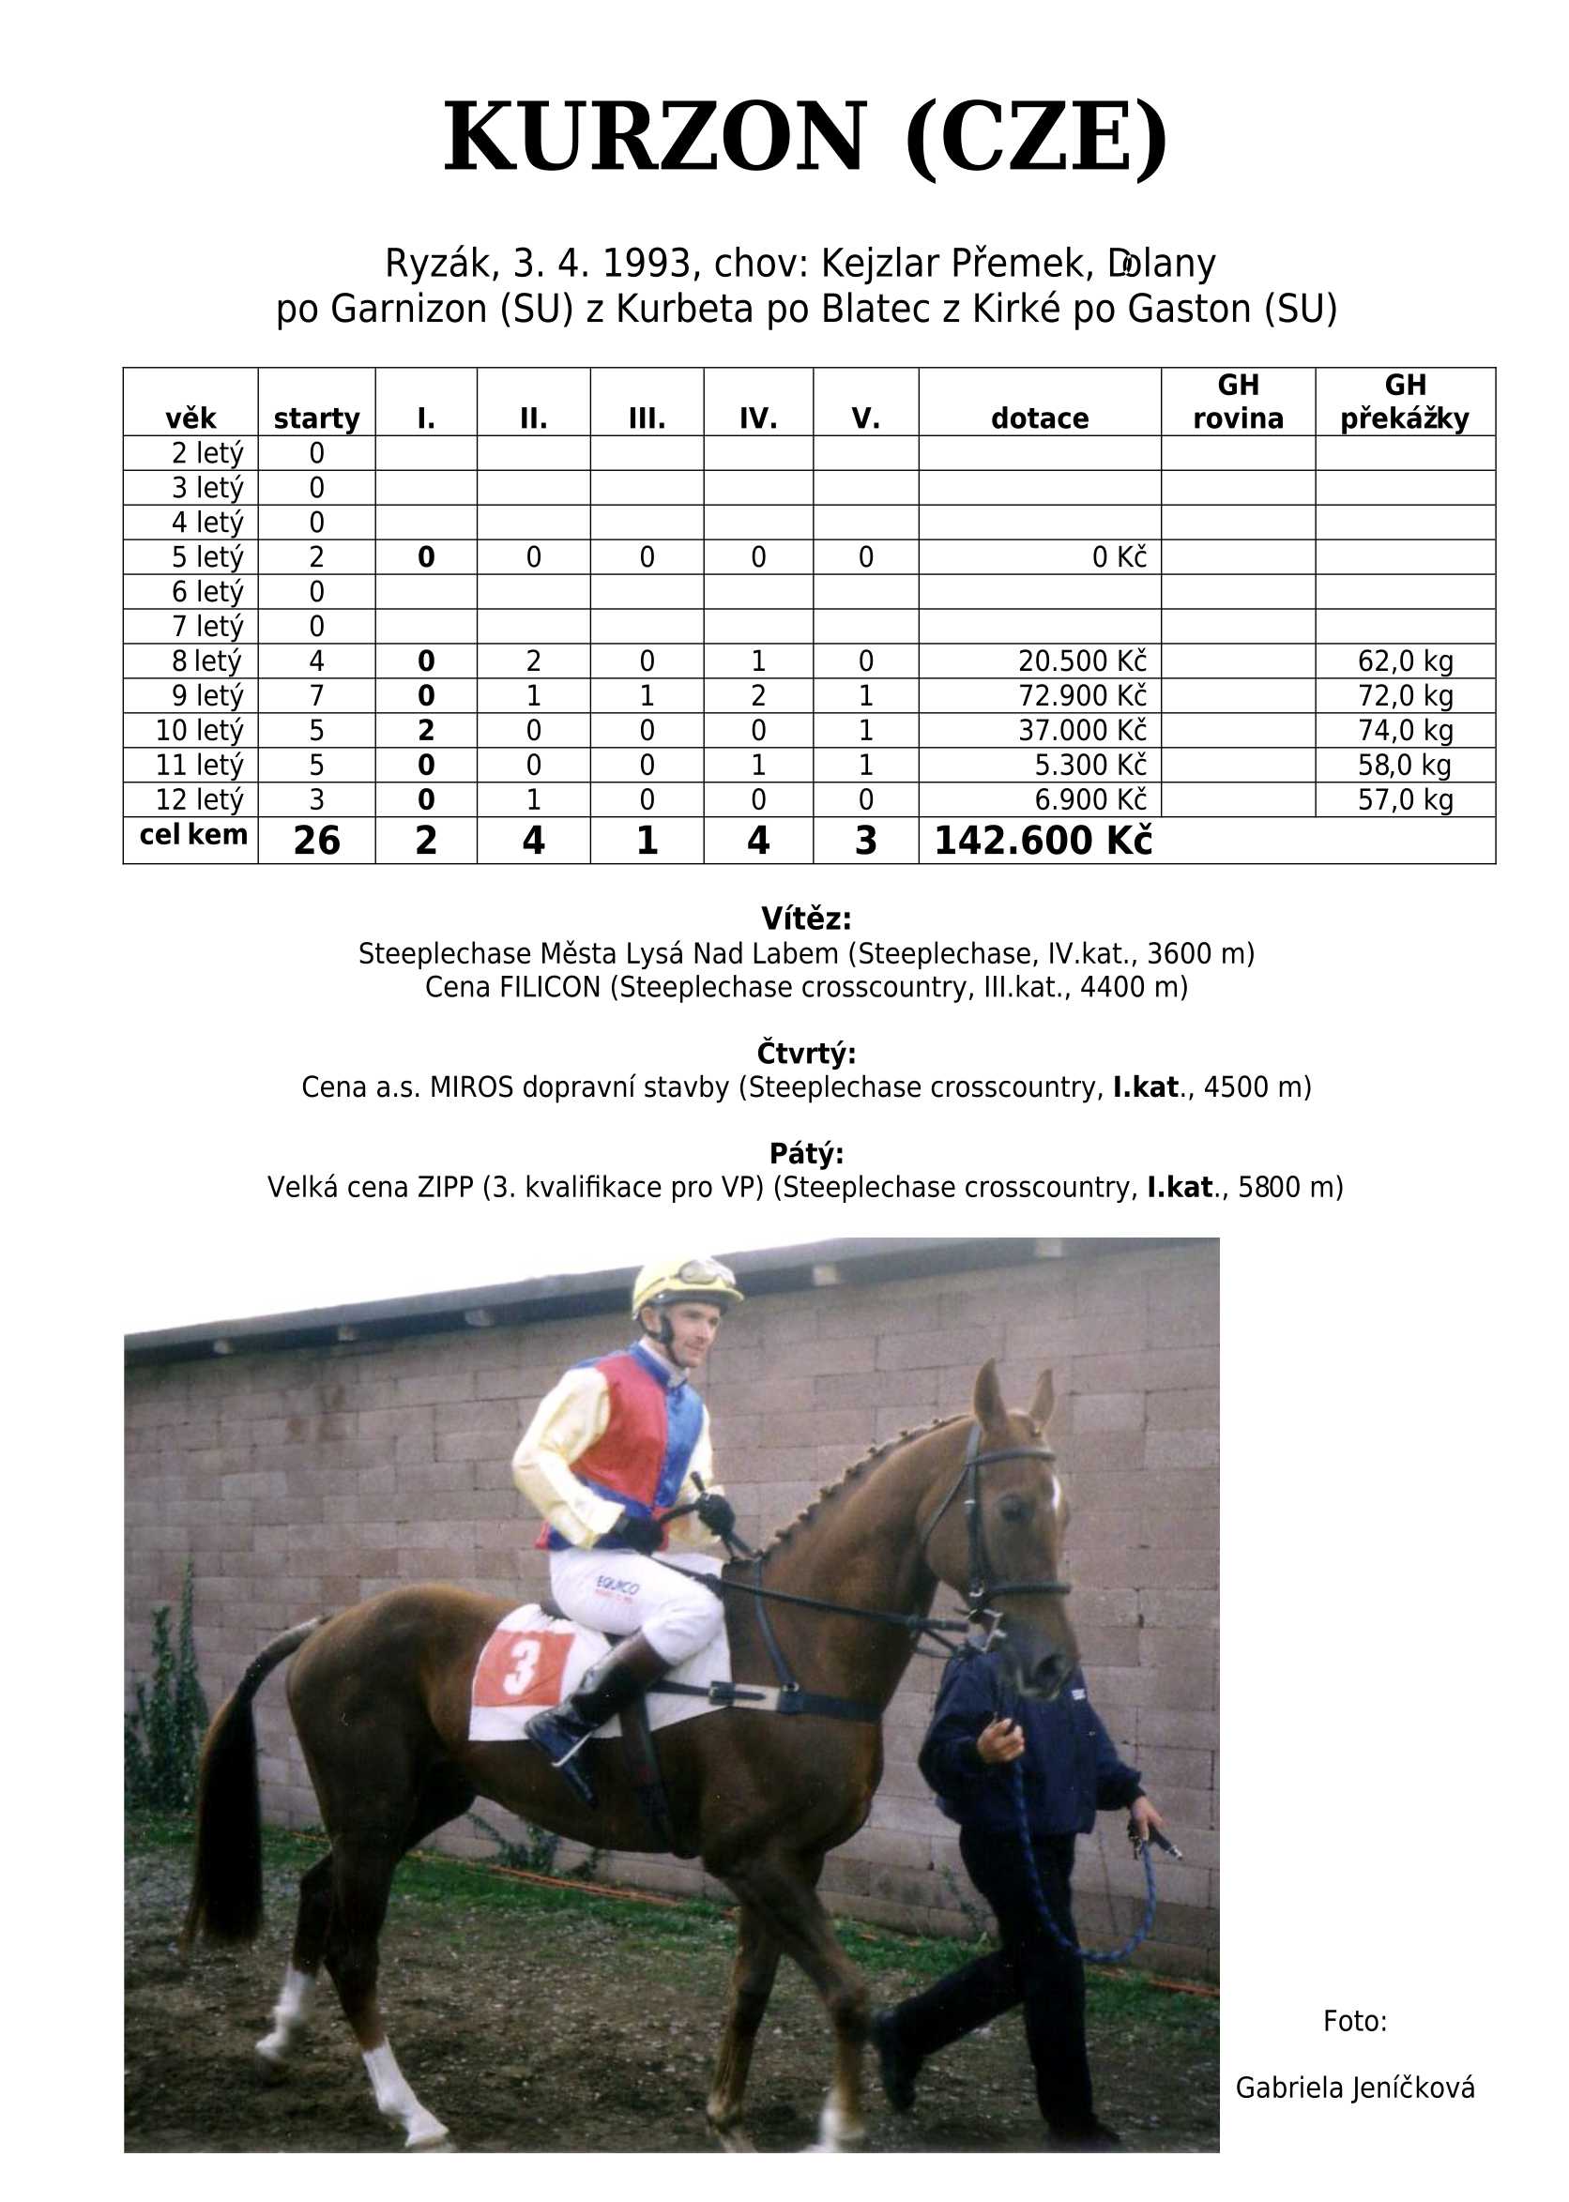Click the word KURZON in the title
coord(653,137)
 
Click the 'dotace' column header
coord(1039,418)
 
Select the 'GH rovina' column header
coord(1238,402)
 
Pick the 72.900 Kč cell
coord(1081,695)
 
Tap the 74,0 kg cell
coord(1405,730)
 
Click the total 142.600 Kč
coord(1043,841)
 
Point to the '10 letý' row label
coord(199,730)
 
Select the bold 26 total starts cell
coord(316,841)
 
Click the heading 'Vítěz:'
coord(806,918)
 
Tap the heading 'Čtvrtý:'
coord(806,1052)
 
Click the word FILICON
coord(550,987)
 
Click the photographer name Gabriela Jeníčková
coord(1354,2088)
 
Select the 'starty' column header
coord(316,418)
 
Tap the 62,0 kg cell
coord(1405,661)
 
